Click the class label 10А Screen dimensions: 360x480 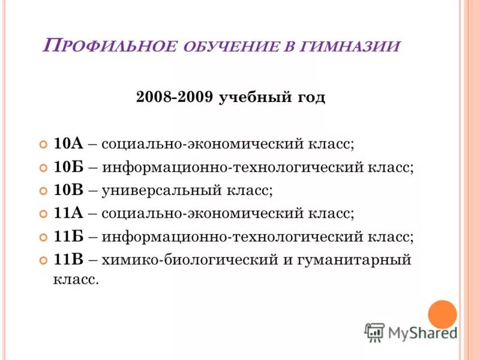click(x=68, y=144)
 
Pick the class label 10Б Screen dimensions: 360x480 click(x=68, y=167)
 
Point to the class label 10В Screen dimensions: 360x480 click(x=68, y=191)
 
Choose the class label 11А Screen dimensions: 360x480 click(x=68, y=214)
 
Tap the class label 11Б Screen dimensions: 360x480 click(x=68, y=237)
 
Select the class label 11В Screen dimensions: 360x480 click(x=68, y=260)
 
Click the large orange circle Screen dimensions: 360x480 click(x=443, y=314)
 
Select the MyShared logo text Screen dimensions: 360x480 click(x=422, y=332)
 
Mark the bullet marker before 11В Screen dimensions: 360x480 click(x=43, y=261)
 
